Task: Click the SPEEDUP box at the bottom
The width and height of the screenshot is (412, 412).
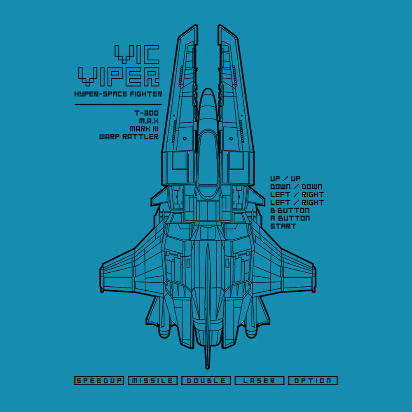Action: click(99, 380)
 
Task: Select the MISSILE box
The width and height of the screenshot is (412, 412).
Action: click(153, 380)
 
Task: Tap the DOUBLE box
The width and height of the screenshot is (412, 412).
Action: click(206, 380)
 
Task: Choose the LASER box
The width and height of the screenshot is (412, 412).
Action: click(259, 380)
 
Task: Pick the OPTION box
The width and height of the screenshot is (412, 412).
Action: click(313, 380)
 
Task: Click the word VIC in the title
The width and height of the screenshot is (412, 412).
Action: click(137, 54)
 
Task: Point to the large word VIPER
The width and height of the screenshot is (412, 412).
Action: click(119, 77)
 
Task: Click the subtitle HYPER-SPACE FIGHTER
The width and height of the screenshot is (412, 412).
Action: click(118, 94)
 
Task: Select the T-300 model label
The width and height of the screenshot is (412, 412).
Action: click(146, 113)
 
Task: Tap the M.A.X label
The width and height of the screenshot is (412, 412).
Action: click(149, 121)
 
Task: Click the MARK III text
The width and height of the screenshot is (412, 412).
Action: click(144, 129)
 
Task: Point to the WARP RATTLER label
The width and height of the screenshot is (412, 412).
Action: click(129, 137)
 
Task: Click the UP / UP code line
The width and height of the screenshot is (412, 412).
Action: click(286, 179)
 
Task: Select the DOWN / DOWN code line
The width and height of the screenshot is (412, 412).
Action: click(296, 187)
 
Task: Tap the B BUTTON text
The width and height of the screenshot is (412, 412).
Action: click(290, 211)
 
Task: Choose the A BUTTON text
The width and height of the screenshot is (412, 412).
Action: click(290, 218)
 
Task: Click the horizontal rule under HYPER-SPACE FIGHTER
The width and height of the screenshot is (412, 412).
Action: click(118, 105)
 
